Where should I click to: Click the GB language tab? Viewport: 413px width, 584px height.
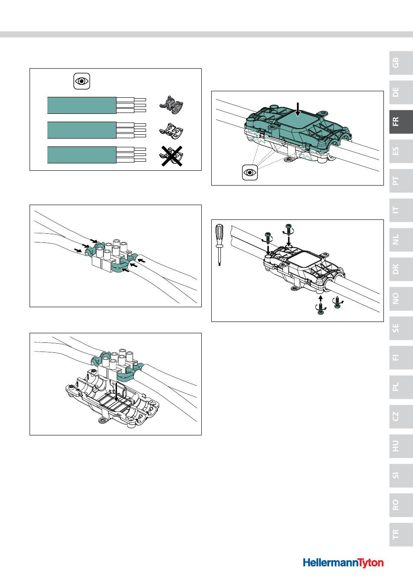pyautogui.click(x=401, y=63)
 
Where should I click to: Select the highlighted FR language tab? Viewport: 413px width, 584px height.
pyautogui.click(x=401, y=122)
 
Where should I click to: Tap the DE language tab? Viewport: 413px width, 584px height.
pyautogui.click(x=401, y=92)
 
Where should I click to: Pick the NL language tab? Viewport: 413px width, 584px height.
pyautogui.click(x=401, y=239)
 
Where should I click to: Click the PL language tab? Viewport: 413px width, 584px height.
pyautogui.click(x=401, y=387)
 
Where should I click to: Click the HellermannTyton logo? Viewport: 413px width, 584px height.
pyautogui.click(x=343, y=563)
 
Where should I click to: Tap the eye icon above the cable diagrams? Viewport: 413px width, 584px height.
pyautogui.click(x=82, y=81)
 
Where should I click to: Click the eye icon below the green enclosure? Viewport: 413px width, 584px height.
pyautogui.click(x=250, y=173)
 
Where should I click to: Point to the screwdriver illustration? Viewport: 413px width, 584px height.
pyautogui.click(x=219, y=245)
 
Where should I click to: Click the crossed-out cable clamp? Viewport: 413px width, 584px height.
pyautogui.click(x=171, y=156)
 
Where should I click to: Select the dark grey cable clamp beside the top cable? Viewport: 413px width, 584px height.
pyautogui.click(x=171, y=105)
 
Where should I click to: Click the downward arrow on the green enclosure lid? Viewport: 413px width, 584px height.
pyautogui.click(x=298, y=109)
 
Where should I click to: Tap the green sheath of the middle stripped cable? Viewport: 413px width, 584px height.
pyautogui.click(x=82, y=130)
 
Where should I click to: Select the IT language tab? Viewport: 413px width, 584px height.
pyautogui.click(x=401, y=210)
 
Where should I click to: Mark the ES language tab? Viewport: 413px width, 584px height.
pyautogui.click(x=401, y=151)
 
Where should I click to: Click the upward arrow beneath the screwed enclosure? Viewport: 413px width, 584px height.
pyautogui.click(x=321, y=299)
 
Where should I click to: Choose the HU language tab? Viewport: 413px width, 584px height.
pyautogui.click(x=401, y=446)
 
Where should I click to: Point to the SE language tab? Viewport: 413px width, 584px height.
pyautogui.click(x=401, y=328)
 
